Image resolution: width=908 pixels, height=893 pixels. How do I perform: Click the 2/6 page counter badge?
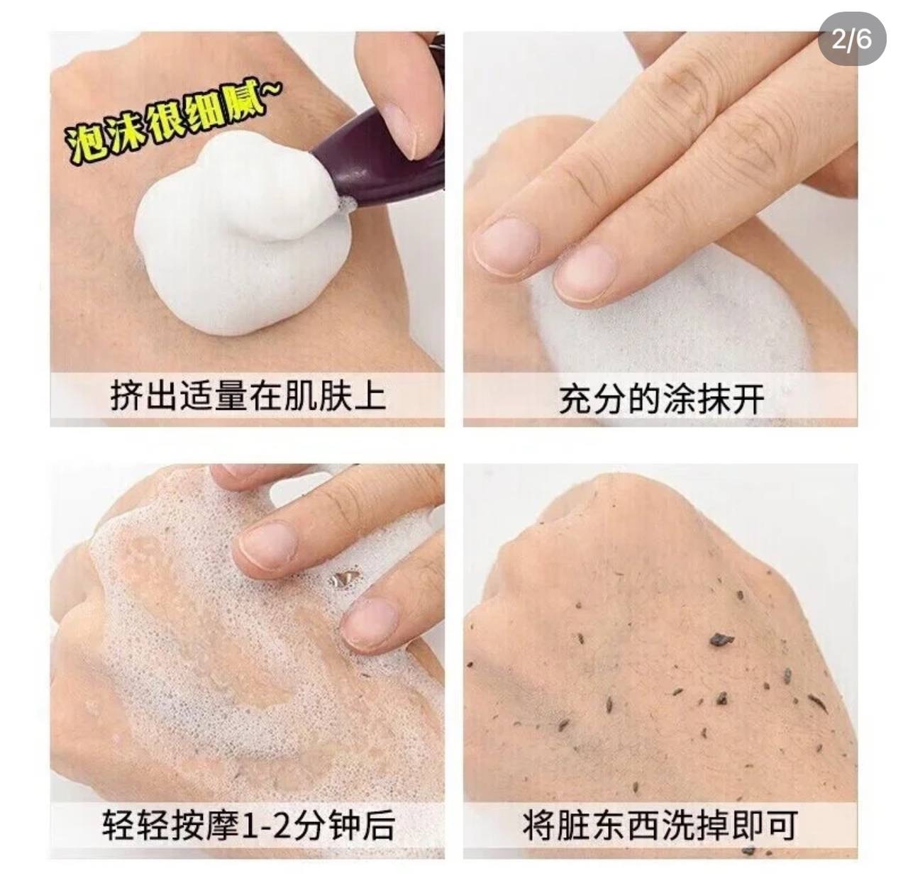(x=851, y=38)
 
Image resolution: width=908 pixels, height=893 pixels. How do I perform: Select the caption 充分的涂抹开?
(x=661, y=400)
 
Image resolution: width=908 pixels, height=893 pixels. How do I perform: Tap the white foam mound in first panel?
(x=240, y=235)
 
